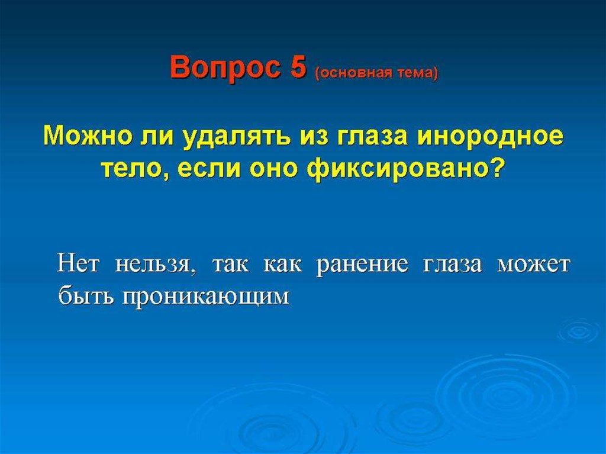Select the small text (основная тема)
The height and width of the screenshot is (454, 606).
[x=377, y=73]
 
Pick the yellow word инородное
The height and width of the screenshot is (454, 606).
[x=489, y=138]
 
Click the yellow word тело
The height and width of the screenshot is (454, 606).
[x=131, y=169]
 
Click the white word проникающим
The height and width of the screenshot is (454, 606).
[x=205, y=298]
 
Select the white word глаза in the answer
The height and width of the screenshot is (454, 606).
[x=453, y=266]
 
